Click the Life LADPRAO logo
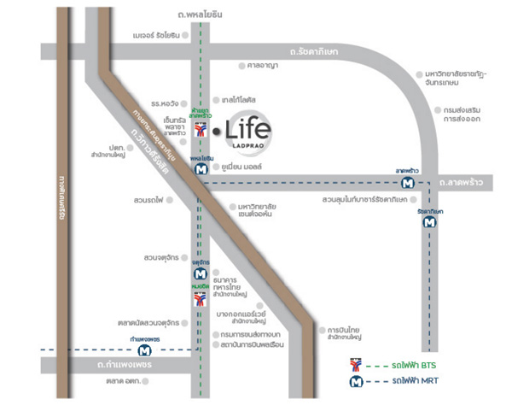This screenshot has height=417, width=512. (248, 132)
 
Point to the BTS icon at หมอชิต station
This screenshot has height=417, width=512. (200, 299)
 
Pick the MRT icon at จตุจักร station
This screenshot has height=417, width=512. (200, 273)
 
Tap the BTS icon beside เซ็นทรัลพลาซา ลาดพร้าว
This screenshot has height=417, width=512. (200, 130)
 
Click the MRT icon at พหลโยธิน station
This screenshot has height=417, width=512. (200, 169)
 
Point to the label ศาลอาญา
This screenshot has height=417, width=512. (263, 65)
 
